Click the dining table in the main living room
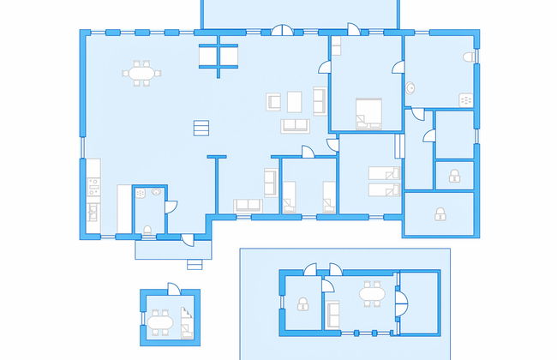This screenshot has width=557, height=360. click(142, 74)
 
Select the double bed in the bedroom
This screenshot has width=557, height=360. click(369, 112)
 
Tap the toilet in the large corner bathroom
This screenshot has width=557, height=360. click(467, 57)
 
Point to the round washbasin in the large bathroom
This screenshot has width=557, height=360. click(410, 87)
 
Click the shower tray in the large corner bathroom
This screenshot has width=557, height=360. click(467, 100)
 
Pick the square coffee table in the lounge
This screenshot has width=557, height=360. click(295, 101)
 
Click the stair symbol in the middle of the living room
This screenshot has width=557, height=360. click(201, 128)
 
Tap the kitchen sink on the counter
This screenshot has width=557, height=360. click(93, 210)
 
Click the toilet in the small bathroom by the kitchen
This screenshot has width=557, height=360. click(147, 229)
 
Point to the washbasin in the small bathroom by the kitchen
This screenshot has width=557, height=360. click(157, 193)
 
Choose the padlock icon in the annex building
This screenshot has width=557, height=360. click(302, 303)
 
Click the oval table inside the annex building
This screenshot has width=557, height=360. click(371, 296)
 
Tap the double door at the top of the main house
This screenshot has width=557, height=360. click(283, 32)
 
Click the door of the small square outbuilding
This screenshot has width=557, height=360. click(173, 289)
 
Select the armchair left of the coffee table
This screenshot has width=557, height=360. click(274, 101)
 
